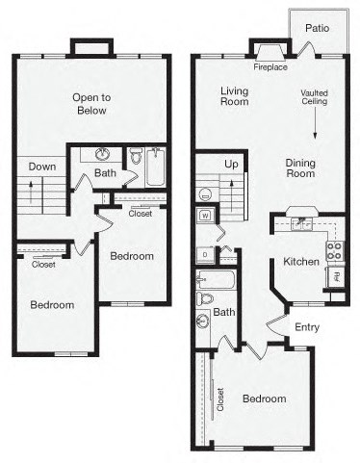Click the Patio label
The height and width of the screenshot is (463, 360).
(x=318, y=28)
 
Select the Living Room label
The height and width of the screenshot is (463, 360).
(x=234, y=95)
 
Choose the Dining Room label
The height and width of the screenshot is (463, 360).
(x=300, y=168)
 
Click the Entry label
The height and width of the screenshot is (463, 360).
(x=306, y=327)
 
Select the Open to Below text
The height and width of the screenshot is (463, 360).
(x=92, y=103)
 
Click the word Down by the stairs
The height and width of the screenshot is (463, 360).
(x=41, y=166)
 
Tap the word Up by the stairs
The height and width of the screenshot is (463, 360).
(x=231, y=165)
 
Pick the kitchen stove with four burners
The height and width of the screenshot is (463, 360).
(x=334, y=251)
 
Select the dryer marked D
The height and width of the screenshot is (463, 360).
(x=204, y=255)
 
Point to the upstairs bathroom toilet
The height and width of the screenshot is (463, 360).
(x=137, y=157)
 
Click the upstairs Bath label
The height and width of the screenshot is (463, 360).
(x=106, y=173)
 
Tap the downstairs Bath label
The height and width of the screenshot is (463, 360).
(x=224, y=312)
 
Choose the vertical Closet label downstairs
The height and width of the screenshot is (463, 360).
(x=220, y=397)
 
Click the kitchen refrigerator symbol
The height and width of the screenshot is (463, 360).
(x=337, y=278)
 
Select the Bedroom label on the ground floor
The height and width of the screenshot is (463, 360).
(x=263, y=399)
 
